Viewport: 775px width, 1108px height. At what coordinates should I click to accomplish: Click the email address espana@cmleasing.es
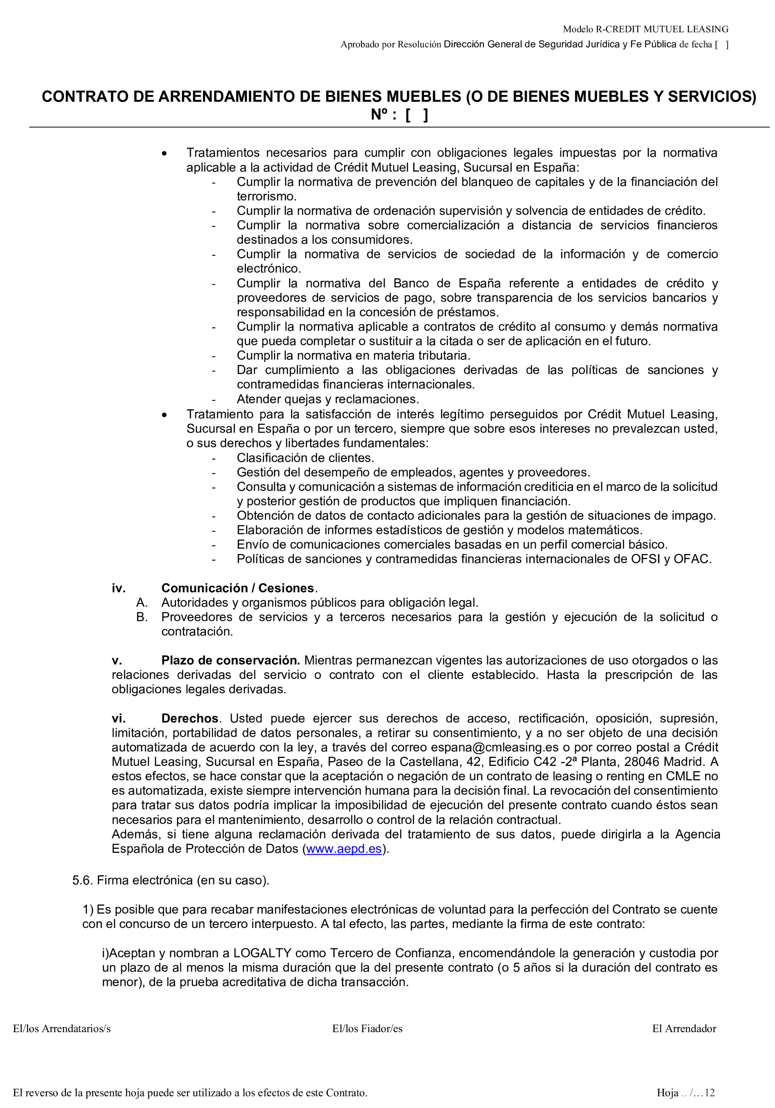(494, 748)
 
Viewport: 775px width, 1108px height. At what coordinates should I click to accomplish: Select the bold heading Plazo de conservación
(231, 660)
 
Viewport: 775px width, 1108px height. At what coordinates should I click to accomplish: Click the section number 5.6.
(82, 880)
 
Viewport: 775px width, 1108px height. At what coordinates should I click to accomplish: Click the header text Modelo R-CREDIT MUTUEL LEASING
(645, 30)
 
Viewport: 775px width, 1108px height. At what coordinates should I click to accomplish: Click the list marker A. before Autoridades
(142, 603)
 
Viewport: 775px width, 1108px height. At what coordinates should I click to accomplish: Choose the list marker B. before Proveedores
(142, 617)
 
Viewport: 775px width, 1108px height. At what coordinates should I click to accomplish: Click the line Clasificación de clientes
(305, 457)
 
